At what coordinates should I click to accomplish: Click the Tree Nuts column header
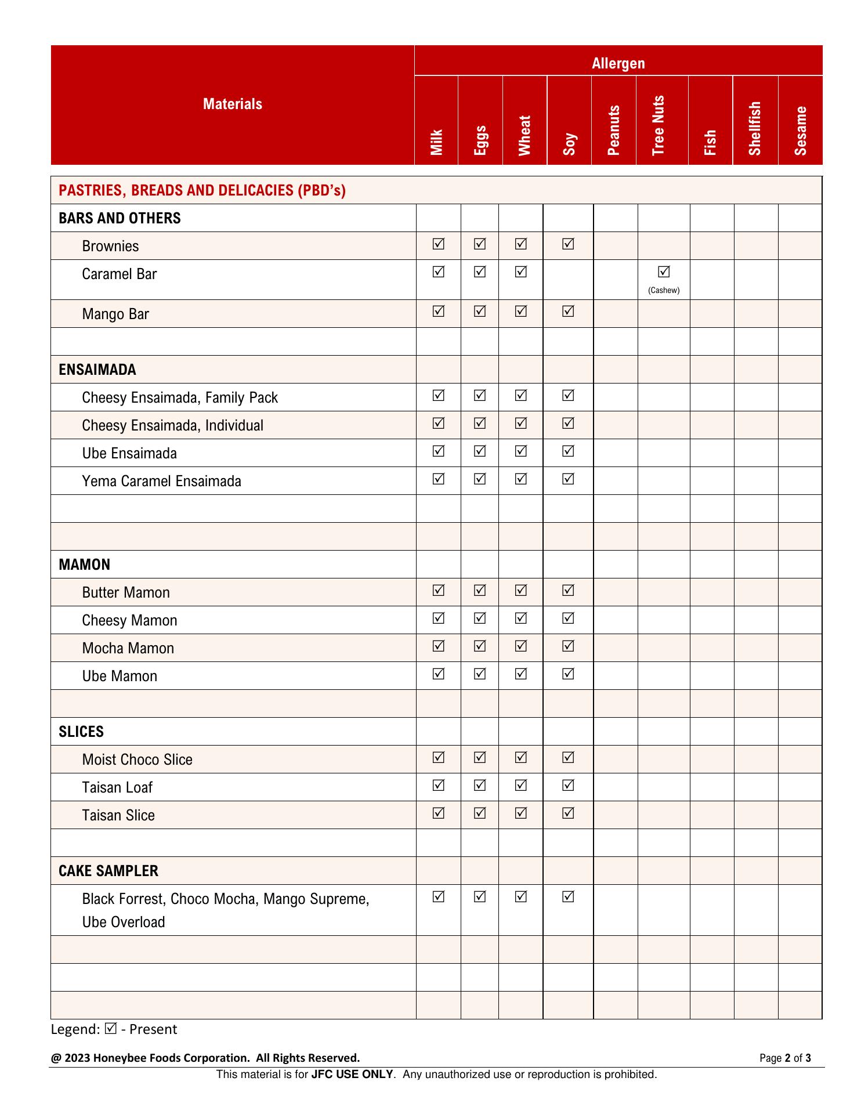pyautogui.click(x=658, y=125)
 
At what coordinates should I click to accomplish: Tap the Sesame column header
pyautogui.click(x=801, y=131)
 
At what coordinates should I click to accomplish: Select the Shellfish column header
pyautogui.click(x=755, y=128)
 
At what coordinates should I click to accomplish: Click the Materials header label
pyautogui.click(x=233, y=104)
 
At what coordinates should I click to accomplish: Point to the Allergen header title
pyautogui.click(x=618, y=63)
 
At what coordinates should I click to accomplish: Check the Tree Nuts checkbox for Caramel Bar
pyautogui.click(x=664, y=272)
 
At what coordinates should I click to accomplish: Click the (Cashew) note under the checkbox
pyautogui.click(x=664, y=290)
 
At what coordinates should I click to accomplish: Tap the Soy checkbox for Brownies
pyautogui.click(x=569, y=244)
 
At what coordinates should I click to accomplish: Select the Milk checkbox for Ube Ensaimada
pyautogui.click(x=439, y=451)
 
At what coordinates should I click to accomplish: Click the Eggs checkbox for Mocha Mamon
pyautogui.click(x=480, y=646)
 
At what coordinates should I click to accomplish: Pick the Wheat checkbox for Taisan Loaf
pyautogui.click(x=521, y=785)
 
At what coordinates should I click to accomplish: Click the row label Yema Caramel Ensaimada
pyautogui.click(x=161, y=481)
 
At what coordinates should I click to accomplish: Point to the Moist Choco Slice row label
pyautogui.click(x=137, y=759)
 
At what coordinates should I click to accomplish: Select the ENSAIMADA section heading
pyautogui.click(x=97, y=370)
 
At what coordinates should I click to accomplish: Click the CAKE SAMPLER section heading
pyautogui.click(x=108, y=871)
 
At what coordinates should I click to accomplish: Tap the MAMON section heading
pyautogui.click(x=84, y=565)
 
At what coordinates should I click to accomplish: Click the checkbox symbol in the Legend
pyautogui.click(x=111, y=1029)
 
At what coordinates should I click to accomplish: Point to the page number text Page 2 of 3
pyautogui.click(x=785, y=1058)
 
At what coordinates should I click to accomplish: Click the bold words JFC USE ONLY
pyautogui.click(x=352, y=1075)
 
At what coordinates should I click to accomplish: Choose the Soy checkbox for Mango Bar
pyautogui.click(x=569, y=312)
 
